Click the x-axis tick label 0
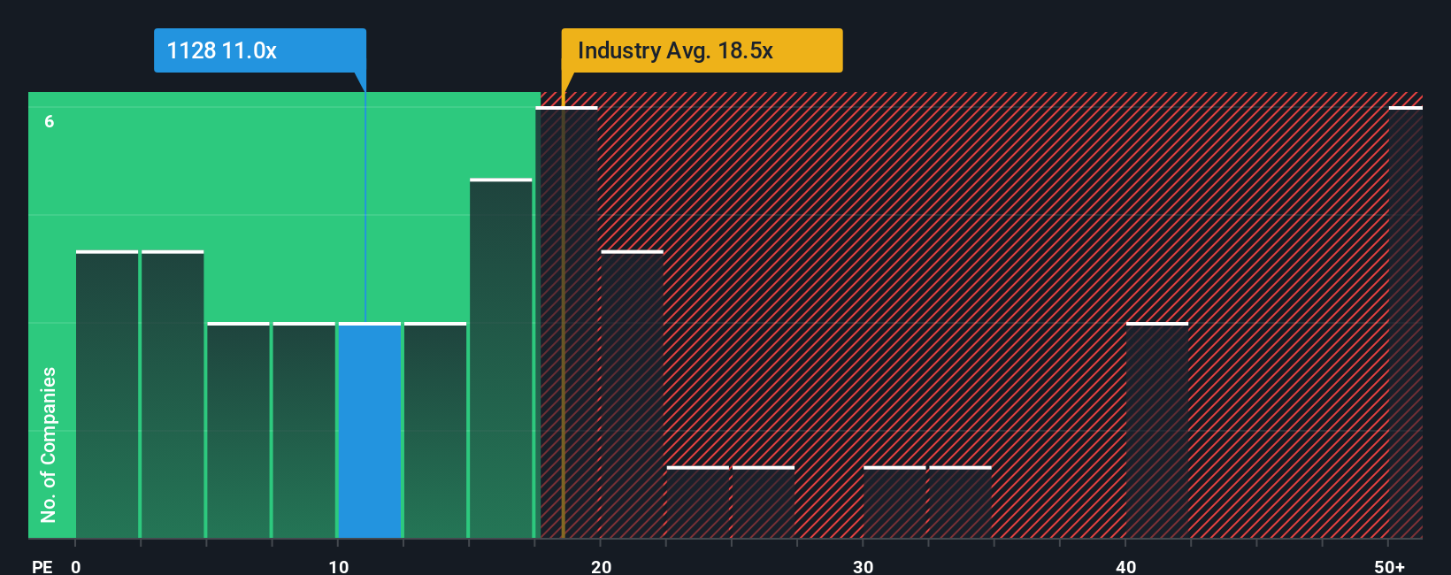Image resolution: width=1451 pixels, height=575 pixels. [76, 566]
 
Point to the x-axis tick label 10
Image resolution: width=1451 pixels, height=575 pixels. [338, 566]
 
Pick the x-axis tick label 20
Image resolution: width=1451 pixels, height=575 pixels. [601, 566]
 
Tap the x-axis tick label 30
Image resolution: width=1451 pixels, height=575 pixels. [863, 566]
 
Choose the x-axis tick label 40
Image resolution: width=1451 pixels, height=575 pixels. [1125, 566]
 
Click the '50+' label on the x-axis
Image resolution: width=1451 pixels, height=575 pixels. [1389, 566]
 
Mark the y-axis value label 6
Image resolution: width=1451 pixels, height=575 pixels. [50, 121]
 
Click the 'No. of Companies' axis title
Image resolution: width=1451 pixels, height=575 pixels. [49, 444]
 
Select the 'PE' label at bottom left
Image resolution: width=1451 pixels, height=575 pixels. [42, 566]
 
